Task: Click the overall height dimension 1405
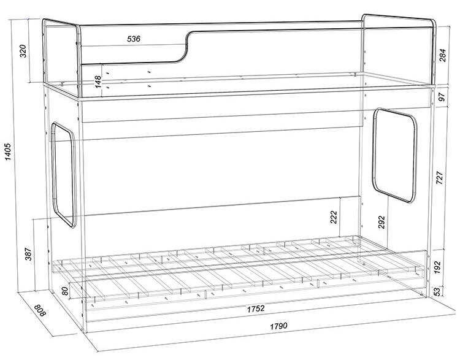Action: coord(8,151)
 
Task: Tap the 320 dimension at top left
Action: coord(23,51)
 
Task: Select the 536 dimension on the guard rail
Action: coord(134,39)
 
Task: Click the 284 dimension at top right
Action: coord(442,55)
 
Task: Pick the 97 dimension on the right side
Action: coord(442,96)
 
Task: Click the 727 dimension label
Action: coord(440,177)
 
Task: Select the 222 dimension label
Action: coord(334,217)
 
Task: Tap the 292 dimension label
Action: coord(381,223)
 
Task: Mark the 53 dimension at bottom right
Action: coord(437,291)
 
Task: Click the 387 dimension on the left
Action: coord(28,254)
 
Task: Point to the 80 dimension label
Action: coord(65,291)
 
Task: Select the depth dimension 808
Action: coord(40,310)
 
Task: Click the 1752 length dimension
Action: coord(256,308)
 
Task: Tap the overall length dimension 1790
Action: coord(278,326)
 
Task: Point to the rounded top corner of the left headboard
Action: coord(77,26)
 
